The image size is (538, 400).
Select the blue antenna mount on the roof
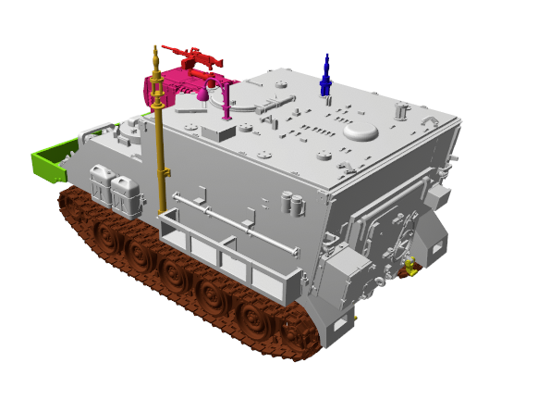click(x=325, y=78)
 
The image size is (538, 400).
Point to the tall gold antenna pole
click(x=159, y=139)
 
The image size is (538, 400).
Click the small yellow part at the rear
click(x=406, y=269)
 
